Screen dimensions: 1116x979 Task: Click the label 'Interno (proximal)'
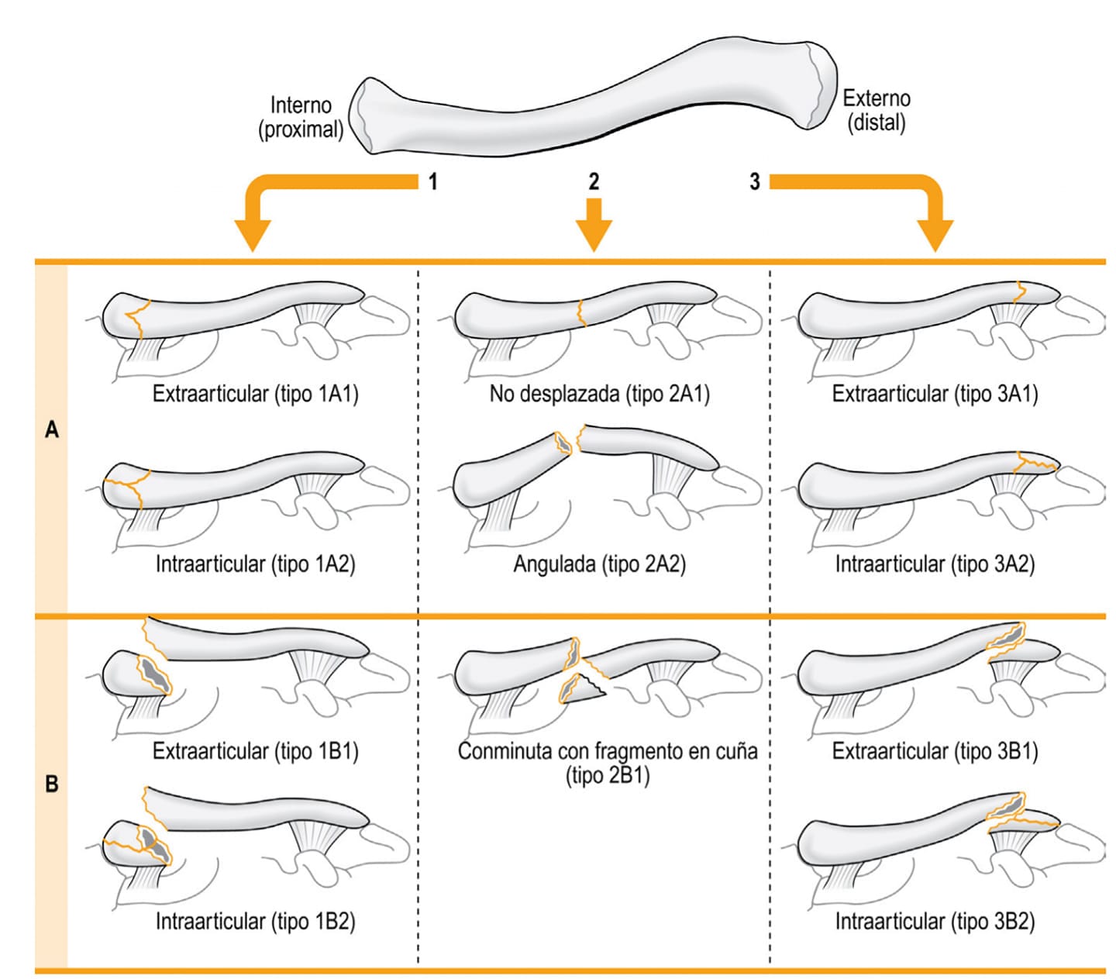(x=301, y=117)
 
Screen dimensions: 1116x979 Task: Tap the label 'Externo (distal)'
(x=877, y=110)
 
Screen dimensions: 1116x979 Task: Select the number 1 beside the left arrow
(x=433, y=181)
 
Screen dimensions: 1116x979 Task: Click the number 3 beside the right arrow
(x=755, y=181)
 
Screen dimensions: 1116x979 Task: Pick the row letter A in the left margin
(x=52, y=429)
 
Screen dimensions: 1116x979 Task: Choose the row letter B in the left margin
(x=52, y=784)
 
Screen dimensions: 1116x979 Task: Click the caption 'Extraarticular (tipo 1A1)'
(x=256, y=394)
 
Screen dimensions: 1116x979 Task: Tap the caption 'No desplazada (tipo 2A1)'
(x=600, y=394)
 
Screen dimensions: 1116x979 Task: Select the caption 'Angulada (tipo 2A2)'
(x=600, y=564)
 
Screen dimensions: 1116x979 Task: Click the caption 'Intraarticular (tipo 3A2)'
(x=935, y=564)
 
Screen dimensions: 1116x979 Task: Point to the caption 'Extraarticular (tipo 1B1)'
(x=256, y=751)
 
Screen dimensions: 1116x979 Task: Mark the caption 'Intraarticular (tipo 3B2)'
(x=935, y=921)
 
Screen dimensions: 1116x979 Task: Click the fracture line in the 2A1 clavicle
(x=580, y=313)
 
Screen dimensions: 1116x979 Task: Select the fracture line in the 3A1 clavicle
(x=1020, y=292)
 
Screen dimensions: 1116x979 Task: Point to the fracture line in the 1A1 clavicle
(x=139, y=319)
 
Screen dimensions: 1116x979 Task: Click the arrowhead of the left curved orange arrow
(x=253, y=236)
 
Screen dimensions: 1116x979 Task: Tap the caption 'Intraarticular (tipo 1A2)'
(x=256, y=564)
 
